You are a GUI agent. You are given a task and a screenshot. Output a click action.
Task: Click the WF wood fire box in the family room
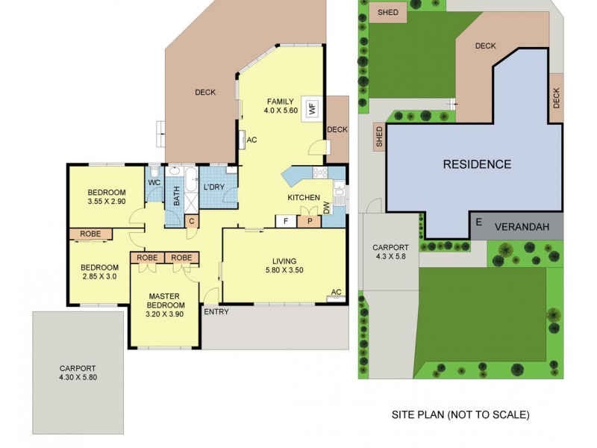pos(310,107)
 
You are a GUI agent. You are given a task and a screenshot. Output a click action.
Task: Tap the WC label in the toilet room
pos(154,182)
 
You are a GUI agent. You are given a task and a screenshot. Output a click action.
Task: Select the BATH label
pos(177,196)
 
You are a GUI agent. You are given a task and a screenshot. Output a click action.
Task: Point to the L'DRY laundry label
pos(215,187)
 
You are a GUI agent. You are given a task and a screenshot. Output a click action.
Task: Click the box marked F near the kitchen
pos(285,221)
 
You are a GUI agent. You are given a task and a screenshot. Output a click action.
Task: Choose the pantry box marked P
pos(307,221)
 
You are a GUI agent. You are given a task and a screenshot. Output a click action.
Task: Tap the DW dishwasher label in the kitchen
pos(327,208)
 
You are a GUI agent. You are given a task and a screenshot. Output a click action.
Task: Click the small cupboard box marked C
pos(191,221)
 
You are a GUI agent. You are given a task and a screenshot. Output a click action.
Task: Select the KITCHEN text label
pos(304,198)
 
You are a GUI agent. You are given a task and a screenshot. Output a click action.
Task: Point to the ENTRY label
pos(216,312)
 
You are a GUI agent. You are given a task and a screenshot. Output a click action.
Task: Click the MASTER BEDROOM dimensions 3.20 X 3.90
pos(165,314)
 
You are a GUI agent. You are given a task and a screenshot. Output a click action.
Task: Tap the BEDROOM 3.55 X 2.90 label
pos(106,196)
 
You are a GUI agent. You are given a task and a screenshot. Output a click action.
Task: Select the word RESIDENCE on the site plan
pos(477,164)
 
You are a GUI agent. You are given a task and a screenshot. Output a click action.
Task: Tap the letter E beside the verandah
pos(478,222)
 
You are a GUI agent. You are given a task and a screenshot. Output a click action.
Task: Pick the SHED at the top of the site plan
pos(387,13)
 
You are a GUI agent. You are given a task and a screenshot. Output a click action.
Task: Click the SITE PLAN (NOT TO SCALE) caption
pos(460,414)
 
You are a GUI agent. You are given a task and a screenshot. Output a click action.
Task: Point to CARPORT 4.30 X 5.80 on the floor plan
pos(79,373)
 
